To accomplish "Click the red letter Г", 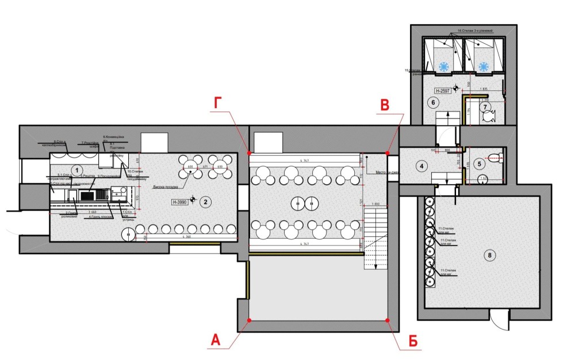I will pos(218,104).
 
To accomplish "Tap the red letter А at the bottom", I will pos(215,340).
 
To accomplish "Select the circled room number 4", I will pos(421,166).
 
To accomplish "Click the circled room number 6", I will pos(434,102).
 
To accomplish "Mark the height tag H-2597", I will pos(442,90).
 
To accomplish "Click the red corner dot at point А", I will pos(248,320).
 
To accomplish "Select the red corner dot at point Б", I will pos(388,320).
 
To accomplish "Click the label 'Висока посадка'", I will pos(166,187).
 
